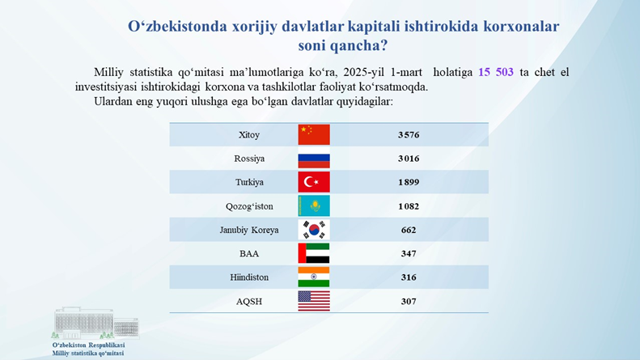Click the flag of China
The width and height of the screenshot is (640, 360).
(314, 134)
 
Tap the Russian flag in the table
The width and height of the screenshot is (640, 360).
(314, 159)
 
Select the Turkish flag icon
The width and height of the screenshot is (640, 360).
(314, 182)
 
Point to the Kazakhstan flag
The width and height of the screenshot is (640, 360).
(314, 205)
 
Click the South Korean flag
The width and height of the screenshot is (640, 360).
(314, 230)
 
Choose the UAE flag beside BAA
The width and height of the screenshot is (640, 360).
(314, 253)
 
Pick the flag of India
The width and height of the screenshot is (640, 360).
(314, 277)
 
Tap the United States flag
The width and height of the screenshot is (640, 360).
(314, 301)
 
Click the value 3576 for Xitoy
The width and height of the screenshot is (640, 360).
(409, 134)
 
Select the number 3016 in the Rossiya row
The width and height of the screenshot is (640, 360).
(409, 159)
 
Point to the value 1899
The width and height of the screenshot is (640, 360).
(409, 182)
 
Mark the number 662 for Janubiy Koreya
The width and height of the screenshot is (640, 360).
(409, 230)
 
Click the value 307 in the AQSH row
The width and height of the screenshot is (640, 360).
(409, 301)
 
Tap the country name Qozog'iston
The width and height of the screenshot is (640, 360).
(249, 206)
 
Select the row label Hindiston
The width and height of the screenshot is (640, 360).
(249, 277)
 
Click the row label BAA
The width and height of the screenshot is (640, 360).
(249, 253)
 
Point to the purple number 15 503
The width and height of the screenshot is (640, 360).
(496, 72)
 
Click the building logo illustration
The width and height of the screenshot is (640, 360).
(95, 324)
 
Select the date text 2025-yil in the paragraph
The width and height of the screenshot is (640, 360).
(364, 72)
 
